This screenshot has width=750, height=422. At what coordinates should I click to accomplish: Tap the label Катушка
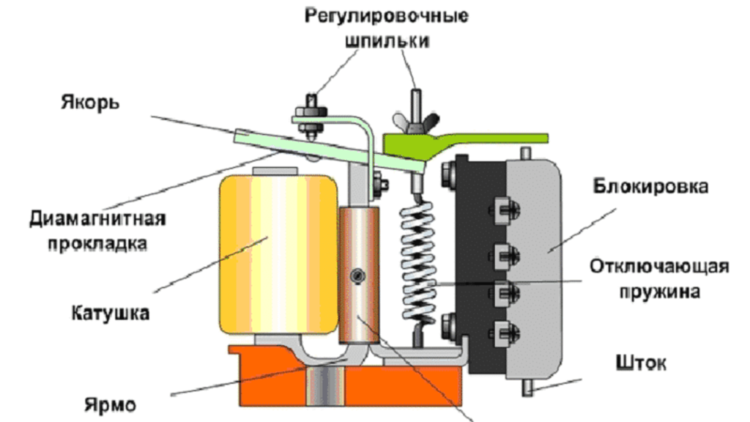pos(111,314)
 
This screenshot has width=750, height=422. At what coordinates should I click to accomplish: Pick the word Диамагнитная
pos(98,219)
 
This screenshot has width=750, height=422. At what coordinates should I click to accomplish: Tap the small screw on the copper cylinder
pos(358,275)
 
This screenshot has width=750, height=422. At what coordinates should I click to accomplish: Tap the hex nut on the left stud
pos(309,116)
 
